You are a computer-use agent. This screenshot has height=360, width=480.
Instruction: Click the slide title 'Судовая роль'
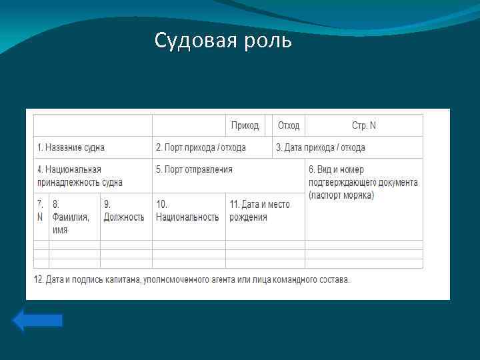coord(223,41)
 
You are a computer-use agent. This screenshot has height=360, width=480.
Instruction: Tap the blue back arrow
coord(37,320)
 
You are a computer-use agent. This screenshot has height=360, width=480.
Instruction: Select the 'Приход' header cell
coord(245,125)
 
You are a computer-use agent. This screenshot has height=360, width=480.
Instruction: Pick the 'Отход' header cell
coord(289,125)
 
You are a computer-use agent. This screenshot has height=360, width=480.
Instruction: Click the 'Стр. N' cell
coord(364,125)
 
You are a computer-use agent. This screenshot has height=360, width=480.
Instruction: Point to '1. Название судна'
coord(71,147)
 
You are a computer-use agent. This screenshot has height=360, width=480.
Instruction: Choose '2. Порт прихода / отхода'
coord(201,147)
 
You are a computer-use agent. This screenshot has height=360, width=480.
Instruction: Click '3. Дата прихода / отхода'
coord(321,147)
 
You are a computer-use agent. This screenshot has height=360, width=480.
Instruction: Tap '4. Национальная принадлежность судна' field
coord(79,176)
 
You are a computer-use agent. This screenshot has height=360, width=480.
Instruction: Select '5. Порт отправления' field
coord(194,169)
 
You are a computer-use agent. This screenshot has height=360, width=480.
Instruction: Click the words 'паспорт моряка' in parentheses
coord(342,195)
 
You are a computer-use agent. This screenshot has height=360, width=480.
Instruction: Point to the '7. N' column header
coord(41,210)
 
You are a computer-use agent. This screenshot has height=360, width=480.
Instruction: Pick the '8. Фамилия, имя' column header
coord(71,217)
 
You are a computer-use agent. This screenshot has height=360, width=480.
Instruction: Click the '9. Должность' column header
coord(124,210)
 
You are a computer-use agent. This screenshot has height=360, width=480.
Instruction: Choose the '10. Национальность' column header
coord(187,210)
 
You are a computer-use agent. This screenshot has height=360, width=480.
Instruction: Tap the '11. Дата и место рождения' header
coord(259,210)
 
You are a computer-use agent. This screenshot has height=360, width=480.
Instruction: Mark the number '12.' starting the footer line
coord(39,279)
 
